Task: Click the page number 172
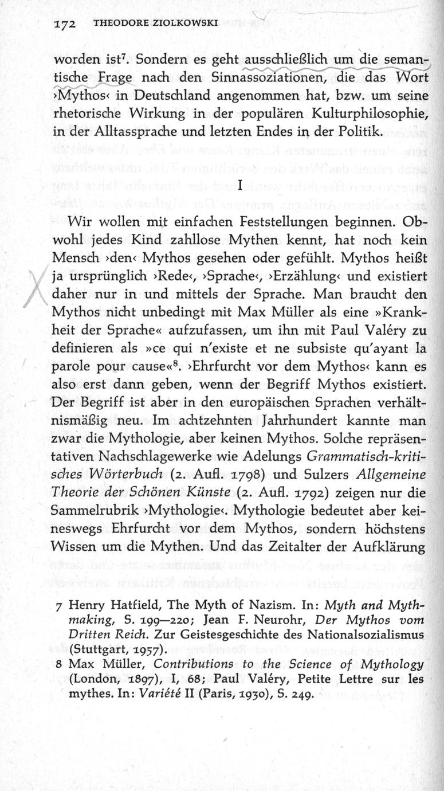[x=66, y=24]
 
